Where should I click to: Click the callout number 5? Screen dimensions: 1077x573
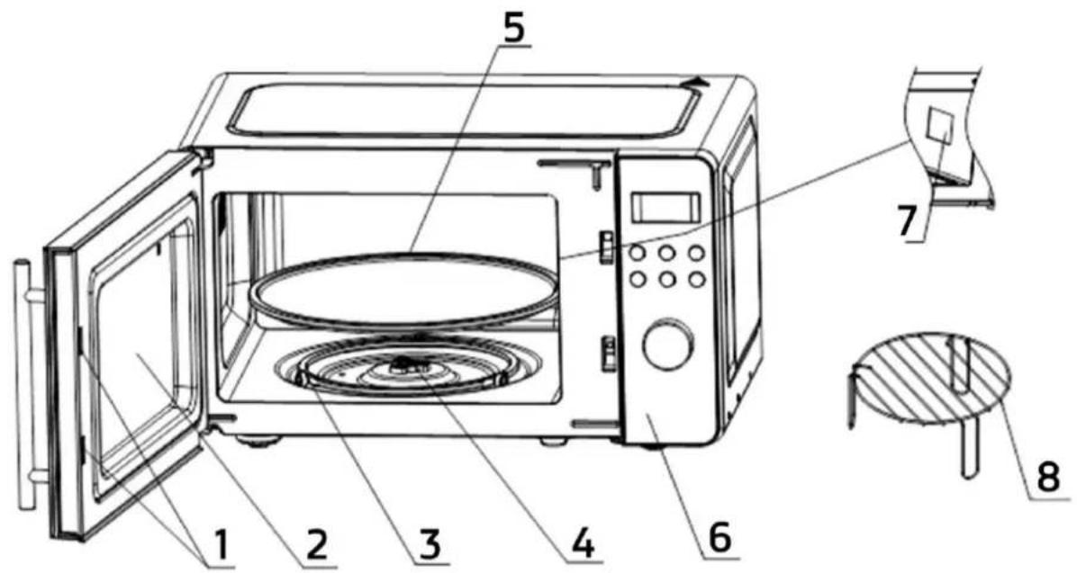point(513,28)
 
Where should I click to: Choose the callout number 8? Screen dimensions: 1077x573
point(1048,477)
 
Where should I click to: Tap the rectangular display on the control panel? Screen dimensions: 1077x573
point(665,207)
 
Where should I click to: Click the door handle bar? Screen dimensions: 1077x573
point(24,384)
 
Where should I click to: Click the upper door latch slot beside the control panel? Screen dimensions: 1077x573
point(607,247)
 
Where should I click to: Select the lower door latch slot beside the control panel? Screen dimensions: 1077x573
point(608,353)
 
